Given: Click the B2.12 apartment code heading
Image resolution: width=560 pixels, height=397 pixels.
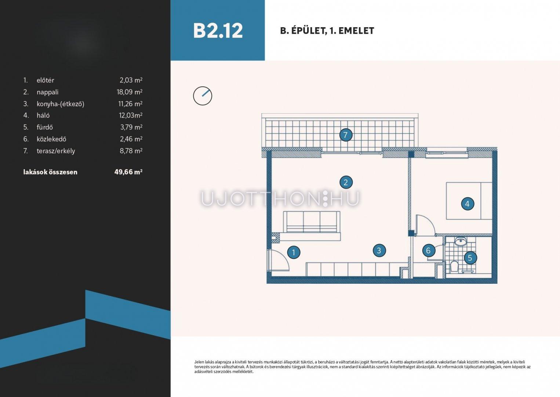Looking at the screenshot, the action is click(x=218, y=31).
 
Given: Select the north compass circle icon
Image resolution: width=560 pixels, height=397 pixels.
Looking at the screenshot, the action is click(x=203, y=96).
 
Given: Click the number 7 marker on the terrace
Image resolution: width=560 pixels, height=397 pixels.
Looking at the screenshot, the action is click(x=346, y=135).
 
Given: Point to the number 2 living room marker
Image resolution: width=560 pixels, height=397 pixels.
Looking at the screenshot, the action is click(x=346, y=182).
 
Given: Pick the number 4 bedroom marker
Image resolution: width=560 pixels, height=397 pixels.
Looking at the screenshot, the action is click(x=467, y=204).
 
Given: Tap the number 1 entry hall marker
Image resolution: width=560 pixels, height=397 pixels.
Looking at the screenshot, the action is click(x=294, y=252).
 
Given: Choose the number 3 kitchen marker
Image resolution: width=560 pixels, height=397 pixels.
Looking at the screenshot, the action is click(x=379, y=250).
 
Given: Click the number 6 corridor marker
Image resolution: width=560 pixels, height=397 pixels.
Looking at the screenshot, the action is click(x=429, y=250).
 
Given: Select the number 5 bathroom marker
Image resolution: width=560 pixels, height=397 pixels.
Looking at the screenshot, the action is click(x=470, y=258).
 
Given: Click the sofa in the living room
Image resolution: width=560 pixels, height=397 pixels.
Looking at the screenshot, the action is click(x=312, y=222).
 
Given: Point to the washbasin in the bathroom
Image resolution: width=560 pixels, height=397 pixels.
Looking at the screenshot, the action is click(x=460, y=242).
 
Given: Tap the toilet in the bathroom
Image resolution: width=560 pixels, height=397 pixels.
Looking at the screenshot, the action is click(x=454, y=267).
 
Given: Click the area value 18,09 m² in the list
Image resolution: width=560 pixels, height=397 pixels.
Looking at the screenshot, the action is click(x=130, y=92).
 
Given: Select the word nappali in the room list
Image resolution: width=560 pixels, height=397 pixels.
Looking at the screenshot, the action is click(x=47, y=92).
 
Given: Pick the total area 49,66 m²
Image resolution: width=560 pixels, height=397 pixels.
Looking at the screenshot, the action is click(x=128, y=172).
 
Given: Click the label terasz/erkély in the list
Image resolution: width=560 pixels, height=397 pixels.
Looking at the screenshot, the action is click(x=56, y=151).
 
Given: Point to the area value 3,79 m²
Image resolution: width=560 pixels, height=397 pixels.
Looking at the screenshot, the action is click(x=131, y=127).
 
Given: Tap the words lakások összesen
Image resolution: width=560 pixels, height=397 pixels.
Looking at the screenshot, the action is click(x=50, y=172).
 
